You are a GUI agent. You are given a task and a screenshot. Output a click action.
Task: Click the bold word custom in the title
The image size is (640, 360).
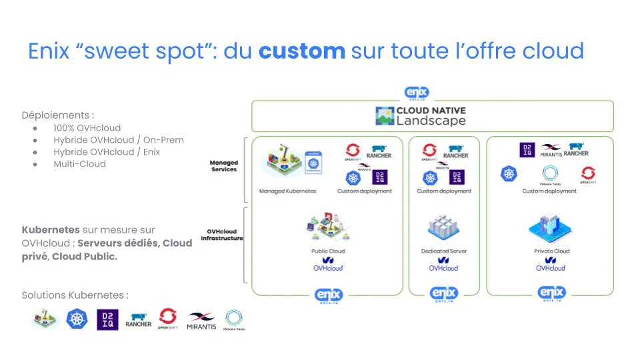(x=301, y=51)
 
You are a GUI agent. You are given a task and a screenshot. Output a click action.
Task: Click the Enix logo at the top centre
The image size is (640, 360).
(x=417, y=93)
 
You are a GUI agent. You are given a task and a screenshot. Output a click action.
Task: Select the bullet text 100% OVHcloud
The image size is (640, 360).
(x=87, y=127)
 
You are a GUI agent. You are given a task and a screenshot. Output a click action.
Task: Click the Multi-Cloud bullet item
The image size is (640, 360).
(x=79, y=163)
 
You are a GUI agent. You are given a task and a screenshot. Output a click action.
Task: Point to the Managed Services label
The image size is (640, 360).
(x=223, y=165)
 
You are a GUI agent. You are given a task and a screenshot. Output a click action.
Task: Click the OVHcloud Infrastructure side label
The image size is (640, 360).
(x=222, y=235)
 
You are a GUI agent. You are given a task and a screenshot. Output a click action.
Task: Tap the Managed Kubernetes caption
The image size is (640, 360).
(x=287, y=191)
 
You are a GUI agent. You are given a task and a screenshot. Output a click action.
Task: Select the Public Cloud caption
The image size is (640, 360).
(x=327, y=251)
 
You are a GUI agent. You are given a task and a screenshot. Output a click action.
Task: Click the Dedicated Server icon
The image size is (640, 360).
(x=443, y=229)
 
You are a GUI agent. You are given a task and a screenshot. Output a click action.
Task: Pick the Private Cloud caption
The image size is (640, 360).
(x=551, y=251)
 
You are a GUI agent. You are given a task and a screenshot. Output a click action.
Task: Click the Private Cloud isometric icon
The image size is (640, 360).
(x=551, y=229)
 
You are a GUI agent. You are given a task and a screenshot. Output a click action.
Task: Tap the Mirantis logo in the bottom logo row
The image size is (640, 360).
(x=201, y=321)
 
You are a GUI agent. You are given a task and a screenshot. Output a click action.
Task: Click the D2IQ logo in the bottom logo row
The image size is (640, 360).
(x=107, y=319)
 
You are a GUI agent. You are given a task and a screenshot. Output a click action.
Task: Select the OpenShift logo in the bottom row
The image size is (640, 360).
(x=167, y=319)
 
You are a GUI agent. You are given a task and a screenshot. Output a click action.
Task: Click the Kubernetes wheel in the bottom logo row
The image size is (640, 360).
(x=77, y=319)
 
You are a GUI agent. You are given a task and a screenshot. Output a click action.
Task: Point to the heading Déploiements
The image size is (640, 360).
(x=57, y=115)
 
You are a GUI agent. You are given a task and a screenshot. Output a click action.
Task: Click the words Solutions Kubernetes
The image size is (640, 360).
(x=75, y=295)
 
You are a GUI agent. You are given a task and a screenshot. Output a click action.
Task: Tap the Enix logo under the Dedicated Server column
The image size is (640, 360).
(x=444, y=293)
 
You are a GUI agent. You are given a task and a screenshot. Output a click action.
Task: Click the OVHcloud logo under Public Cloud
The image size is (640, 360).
(x=327, y=264)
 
